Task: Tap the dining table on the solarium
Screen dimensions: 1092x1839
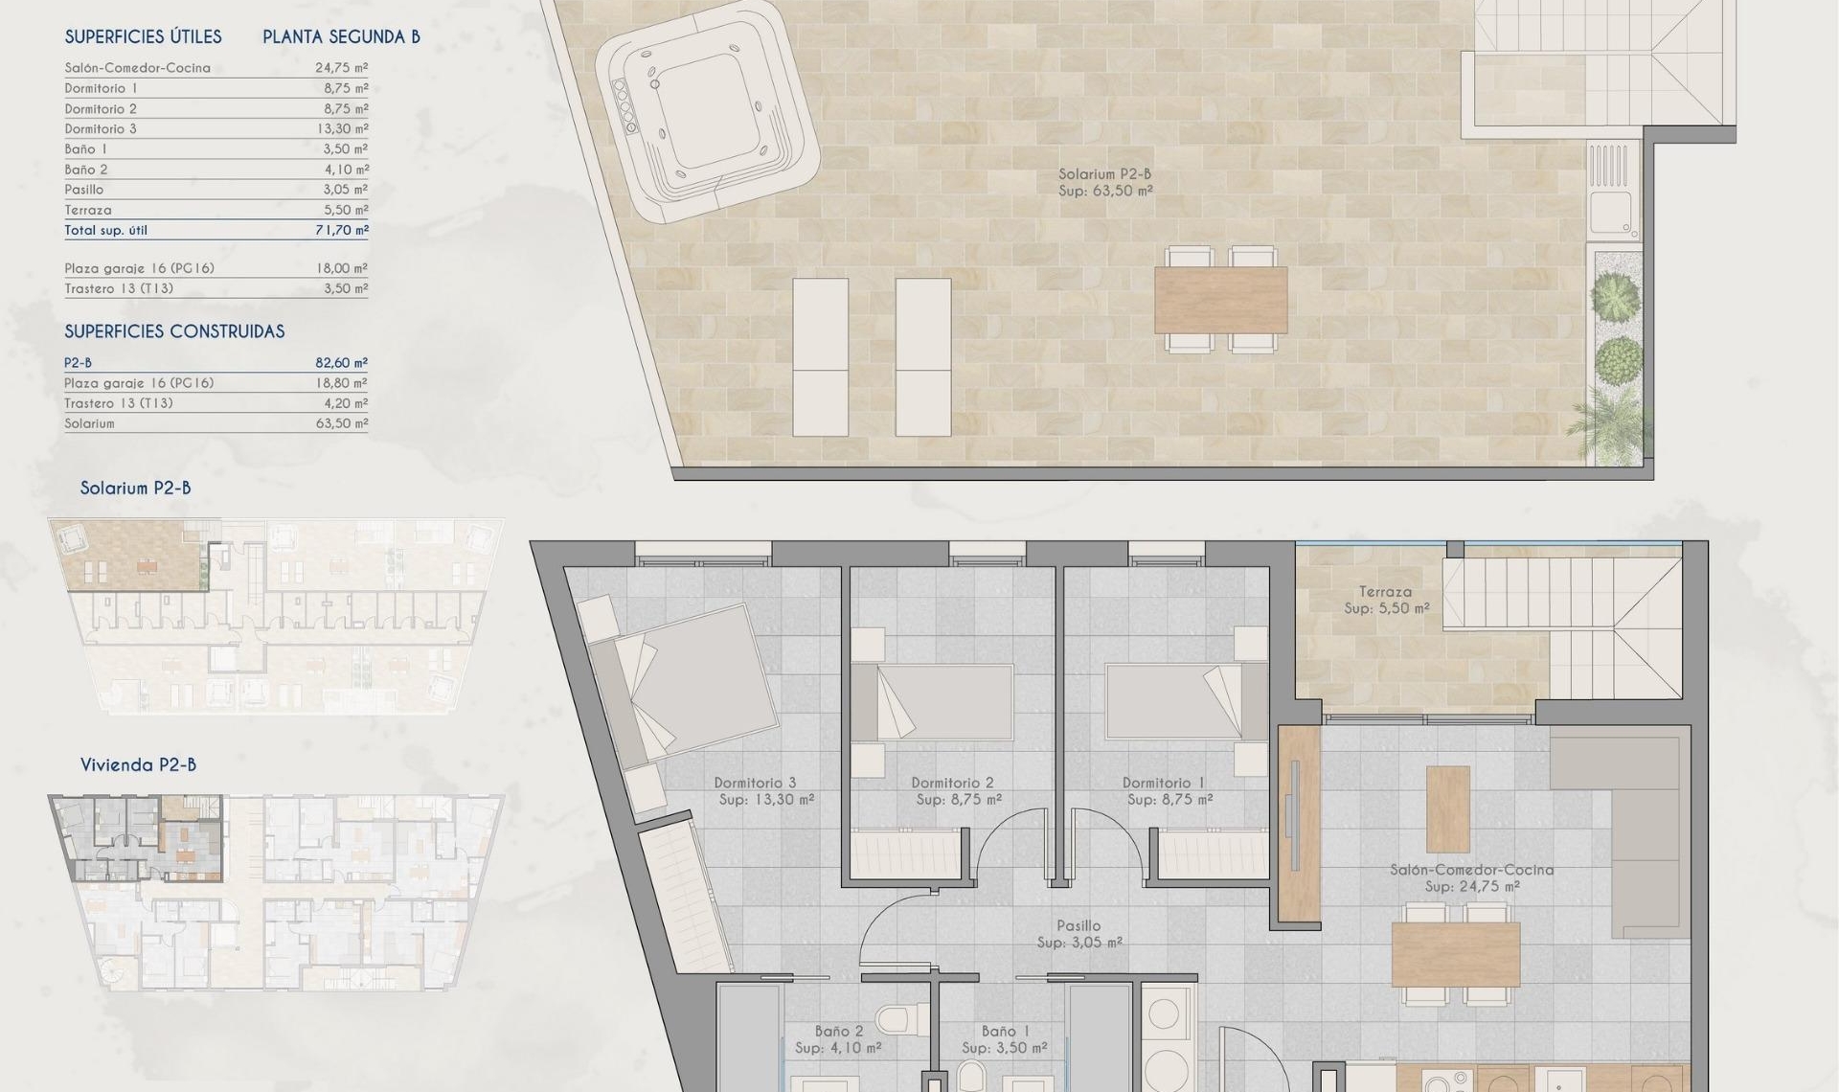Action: pyautogui.click(x=1220, y=299)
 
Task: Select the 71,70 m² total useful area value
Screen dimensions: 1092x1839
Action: pyautogui.click(x=342, y=231)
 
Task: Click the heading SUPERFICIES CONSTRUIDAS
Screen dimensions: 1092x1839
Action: pyautogui.click(x=174, y=331)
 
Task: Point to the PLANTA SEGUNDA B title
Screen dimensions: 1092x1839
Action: pyautogui.click(x=341, y=37)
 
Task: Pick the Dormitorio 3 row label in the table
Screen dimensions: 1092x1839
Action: pyautogui.click(x=101, y=129)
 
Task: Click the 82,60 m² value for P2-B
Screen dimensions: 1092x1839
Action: pyautogui.click(x=342, y=363)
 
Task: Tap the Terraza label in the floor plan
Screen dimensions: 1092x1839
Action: pyautogui.click(x=1385, y=592)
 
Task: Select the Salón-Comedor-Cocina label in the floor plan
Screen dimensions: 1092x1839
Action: pyautogui.click(x=1471, y=870)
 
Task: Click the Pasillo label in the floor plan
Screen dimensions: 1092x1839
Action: pyautogui.click(x=1078, y=926)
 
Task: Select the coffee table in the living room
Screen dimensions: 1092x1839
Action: pyautogui.click(x=1447, y=808)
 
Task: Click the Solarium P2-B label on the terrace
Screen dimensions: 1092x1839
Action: pyautogui.click(x=1104, y=174)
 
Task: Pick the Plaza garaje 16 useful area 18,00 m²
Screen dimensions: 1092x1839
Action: pyautogui.click(x=342, y=269)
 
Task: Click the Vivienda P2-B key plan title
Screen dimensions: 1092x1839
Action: pyautogui.click(x=138, y=765)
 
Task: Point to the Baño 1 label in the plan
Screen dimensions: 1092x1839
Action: pyautogui.click(x=1005, y=1032)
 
